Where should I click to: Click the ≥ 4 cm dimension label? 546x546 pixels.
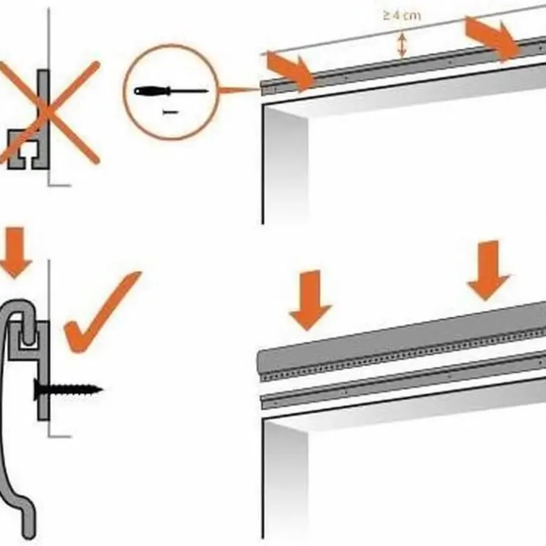pyautogui.click(x=402, y=16)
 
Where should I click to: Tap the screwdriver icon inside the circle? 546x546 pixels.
pyautogui.click(x=171, y=92)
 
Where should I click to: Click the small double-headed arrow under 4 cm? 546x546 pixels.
pyautogui.click(x=402, y=44)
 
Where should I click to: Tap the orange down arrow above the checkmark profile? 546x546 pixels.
pyautogui.click(x=15, y=252)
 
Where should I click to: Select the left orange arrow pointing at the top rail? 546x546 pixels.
pyautogui.click(x=290, y=71)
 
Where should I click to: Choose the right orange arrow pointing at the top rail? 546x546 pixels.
pyautogui.click(x=493, y=37)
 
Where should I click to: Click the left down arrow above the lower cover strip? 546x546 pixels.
pyautogui.click(x=309, y=300)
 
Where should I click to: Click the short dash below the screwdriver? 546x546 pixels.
pyautogui.click(x=170, y=112)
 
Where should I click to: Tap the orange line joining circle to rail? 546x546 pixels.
pyautogui.click(x=240, y=90)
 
